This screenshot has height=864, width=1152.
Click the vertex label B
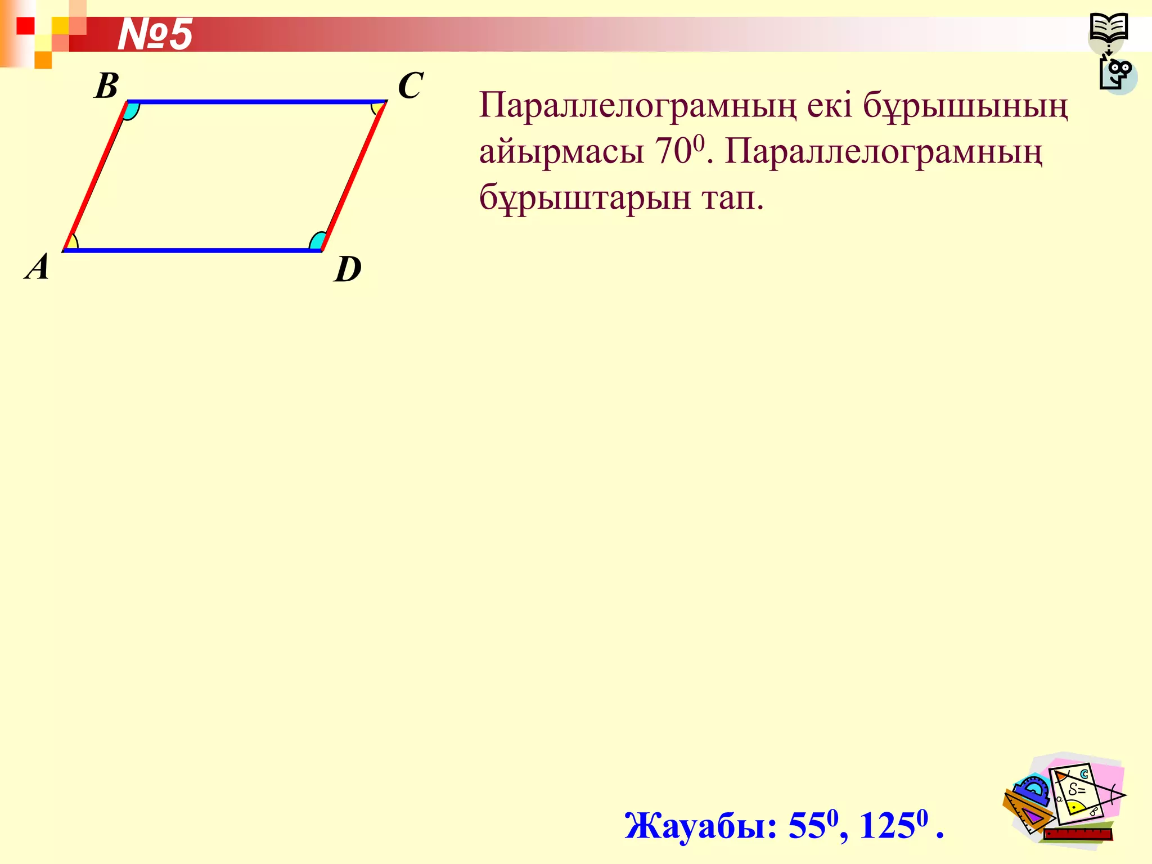coord(106,86)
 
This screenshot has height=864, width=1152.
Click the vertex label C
coord(410,85)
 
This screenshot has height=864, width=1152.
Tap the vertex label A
coord(38,267)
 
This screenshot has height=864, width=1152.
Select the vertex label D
coord(348,269)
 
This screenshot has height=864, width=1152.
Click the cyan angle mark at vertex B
coord(132,110)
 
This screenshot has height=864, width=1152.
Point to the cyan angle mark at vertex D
coord(317,242)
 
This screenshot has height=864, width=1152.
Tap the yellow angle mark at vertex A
coord(71,243)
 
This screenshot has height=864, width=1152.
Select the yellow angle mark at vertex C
coord(377,107)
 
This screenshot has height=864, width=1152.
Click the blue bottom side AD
coord(191,250)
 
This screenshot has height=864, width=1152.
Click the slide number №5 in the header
coord(155,34)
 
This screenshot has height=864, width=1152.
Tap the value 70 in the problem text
coord(673,151)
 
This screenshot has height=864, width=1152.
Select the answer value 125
coord(887,826)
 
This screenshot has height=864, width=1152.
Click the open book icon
coord(1108,28)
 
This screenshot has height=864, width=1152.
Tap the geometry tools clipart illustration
coord(1063,799)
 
